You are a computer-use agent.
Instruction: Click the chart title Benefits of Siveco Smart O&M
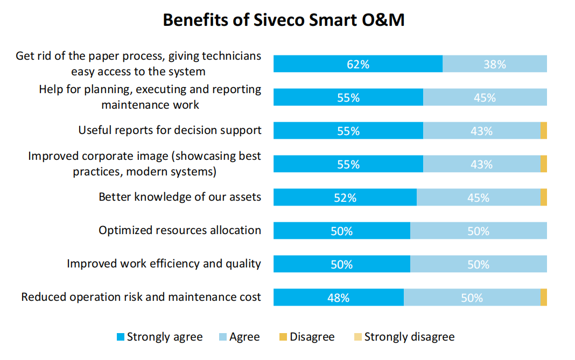[283, 20]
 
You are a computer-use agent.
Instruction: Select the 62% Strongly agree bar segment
[357, 64]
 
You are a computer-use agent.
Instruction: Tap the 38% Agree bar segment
[494, 64]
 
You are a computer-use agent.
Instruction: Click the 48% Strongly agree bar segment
[338, 298]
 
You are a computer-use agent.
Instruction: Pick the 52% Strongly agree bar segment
[345, 197]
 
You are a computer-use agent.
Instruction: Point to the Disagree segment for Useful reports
[543, 131]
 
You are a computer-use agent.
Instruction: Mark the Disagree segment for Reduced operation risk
[543, 298]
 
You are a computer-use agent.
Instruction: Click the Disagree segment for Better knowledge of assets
[543, 197]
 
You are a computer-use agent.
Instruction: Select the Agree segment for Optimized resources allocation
[478, 231]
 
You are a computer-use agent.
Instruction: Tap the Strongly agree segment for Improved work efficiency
[341, 264]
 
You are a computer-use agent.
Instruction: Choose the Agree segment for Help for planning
[485, 97]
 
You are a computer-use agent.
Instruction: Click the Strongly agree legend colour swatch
[121, 337]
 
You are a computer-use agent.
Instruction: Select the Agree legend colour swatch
[223, 337]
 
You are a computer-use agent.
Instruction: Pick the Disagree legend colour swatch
[283, 337]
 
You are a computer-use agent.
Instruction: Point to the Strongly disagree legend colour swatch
[357, 337]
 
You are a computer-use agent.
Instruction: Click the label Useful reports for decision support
[170, 130]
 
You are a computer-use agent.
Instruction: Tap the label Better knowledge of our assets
[180, 197]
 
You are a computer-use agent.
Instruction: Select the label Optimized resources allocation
[180, 230]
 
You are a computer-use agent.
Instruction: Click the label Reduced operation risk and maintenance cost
[141, 297]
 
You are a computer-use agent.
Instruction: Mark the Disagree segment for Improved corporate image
[543, 164]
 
